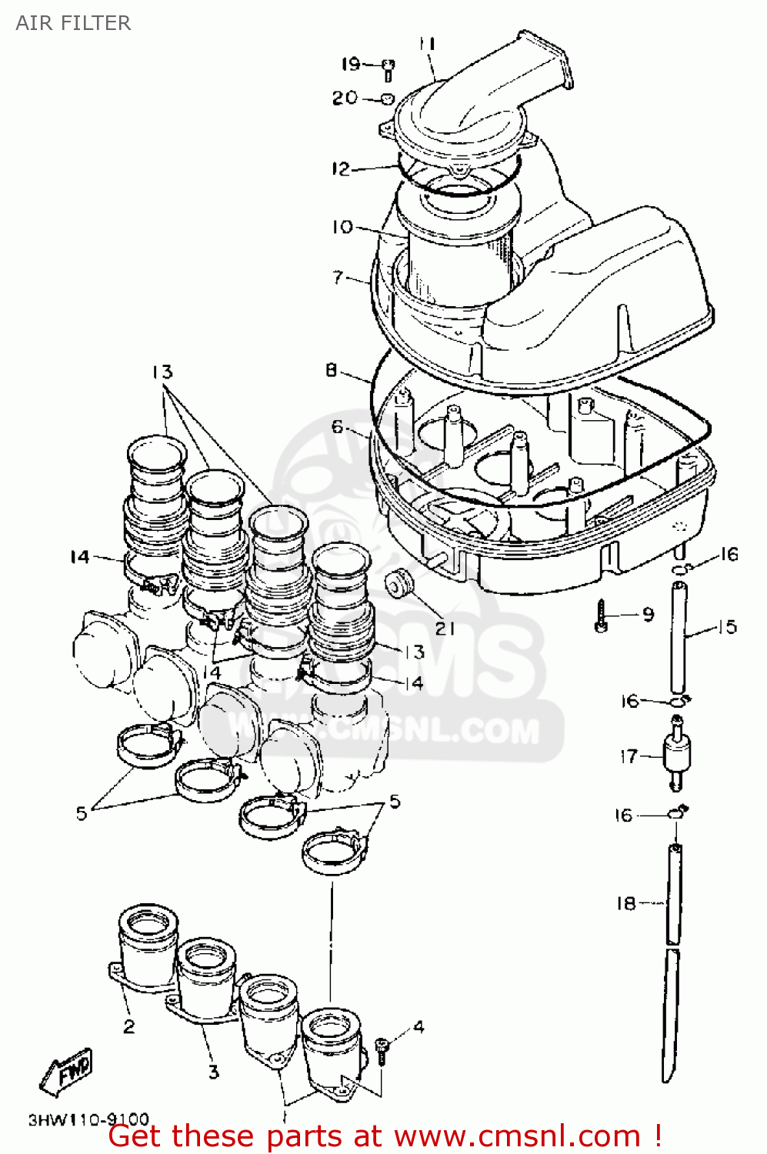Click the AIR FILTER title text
click(73, 23)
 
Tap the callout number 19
click(351, 64)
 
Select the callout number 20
click(345, 98)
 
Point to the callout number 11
click(427, 44)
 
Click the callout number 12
click(341, 168)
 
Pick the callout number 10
click(342, 227)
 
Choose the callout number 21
click(445, 629)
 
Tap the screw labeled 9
click(602, 615)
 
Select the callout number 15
click(727, 627)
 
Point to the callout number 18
click(626, 903)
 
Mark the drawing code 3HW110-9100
click(88, 1119)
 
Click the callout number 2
click(128, 1026)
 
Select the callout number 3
click(213, 1071)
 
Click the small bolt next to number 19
click(389, 69)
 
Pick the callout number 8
click(331, 371)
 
